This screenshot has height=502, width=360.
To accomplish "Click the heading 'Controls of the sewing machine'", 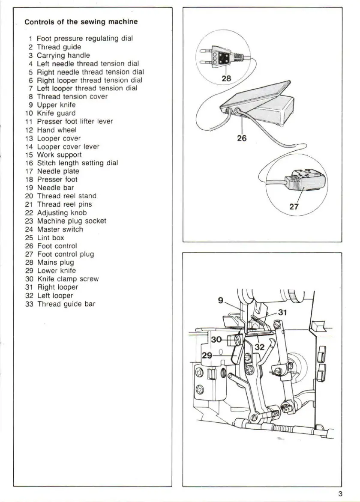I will coord(81,22).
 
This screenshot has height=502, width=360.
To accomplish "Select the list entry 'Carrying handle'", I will coord(63,55).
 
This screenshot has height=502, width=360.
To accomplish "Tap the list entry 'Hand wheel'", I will coord(57,130).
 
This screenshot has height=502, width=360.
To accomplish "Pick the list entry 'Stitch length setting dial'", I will coord(77,163).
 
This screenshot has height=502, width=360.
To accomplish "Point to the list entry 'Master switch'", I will coord(60,229).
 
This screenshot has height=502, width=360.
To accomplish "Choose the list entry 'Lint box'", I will coord(51,238).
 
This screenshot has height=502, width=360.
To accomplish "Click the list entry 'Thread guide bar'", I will coord(66,304).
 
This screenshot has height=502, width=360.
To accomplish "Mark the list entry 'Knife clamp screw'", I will coord(68,279).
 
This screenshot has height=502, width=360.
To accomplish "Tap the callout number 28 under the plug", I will coord(226,78).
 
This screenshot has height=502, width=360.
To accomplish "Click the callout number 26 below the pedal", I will coord(242,138).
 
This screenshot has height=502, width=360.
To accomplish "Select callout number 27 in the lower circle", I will coord(294,206).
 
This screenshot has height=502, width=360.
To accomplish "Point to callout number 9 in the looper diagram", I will coord(221,300).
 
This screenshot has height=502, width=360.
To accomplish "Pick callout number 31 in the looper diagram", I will coord(282,312).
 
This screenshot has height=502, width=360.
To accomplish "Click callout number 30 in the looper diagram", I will coord(216,339).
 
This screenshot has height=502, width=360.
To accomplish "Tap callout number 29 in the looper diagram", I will coord(207,356).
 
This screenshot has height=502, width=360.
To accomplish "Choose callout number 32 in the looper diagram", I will coord(260,347).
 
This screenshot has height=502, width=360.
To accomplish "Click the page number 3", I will coord(340,493).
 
